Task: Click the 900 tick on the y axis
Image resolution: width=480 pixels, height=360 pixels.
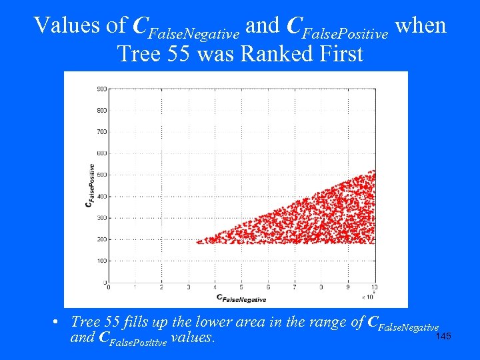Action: (102, 89)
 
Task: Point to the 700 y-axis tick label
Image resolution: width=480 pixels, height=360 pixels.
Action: (102, 132)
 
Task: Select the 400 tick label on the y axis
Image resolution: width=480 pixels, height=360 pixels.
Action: (102, 196)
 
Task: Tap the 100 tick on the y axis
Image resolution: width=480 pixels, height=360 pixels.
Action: (102, 261)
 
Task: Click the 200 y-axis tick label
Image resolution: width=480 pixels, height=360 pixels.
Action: (102, 239)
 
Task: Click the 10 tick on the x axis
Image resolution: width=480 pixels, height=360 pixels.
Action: (374, 287)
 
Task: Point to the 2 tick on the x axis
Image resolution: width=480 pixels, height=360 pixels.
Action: (161, 287)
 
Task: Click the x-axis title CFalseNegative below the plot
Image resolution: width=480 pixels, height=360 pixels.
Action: (241, 298)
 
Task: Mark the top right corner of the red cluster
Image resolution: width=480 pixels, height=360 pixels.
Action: (373, 172)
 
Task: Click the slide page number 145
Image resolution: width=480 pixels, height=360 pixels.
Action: (443, 336)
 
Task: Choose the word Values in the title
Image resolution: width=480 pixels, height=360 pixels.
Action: (61, 25)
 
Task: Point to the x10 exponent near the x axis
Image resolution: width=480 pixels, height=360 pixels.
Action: (367, 296)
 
